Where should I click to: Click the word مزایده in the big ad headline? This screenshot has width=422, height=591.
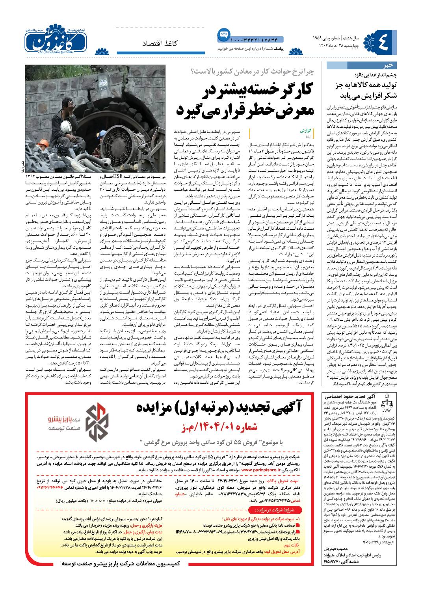[x=158, y=406]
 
